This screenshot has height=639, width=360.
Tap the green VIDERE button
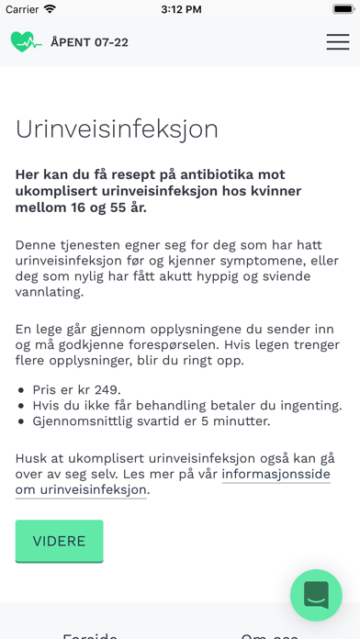(59, 541)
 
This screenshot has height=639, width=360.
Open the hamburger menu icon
(337, 41)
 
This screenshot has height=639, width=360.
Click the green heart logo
(26, 41)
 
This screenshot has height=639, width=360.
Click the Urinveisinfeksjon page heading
(117, 129)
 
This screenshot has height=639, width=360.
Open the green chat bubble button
(316, 595)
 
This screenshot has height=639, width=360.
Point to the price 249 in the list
(107, 388)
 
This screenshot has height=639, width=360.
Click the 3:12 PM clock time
(180, 9)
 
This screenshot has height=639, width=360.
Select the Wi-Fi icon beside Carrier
(50, 9)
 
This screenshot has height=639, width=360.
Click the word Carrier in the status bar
(20, 9)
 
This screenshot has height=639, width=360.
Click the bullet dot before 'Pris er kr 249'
(21, 389)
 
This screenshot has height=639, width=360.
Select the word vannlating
(50, 292)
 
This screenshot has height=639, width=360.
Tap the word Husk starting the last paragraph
(32, 457)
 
